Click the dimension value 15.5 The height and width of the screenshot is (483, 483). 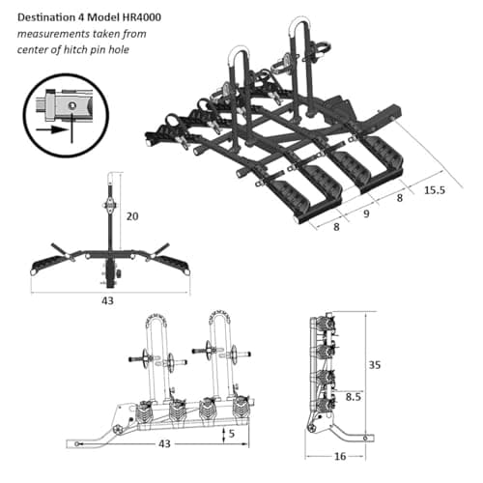(435, 190)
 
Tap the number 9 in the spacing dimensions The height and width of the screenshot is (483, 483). (366, 213)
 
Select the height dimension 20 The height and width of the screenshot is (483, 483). (132, 216)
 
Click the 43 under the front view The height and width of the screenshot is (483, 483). (107, 300)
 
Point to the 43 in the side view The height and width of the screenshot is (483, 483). (164, 443)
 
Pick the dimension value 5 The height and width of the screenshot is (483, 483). (232, 434)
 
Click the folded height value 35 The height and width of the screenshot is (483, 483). (375, 365)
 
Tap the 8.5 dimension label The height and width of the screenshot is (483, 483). (354, 397)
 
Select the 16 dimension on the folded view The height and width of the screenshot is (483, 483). (340, 456)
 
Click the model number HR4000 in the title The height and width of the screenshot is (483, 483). (142, 17)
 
